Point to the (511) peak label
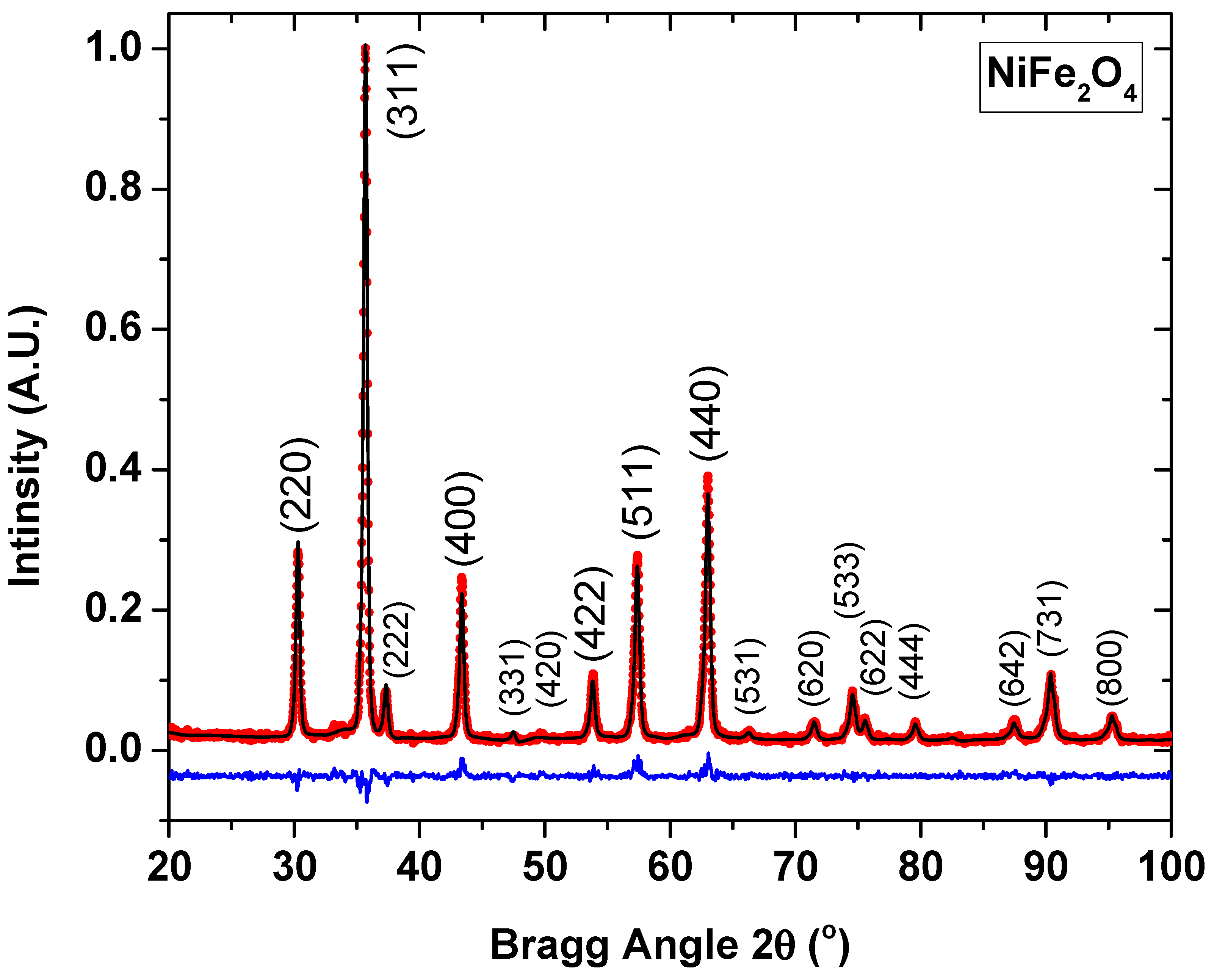640,492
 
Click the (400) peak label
464,518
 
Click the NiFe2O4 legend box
1061,77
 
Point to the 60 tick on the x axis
670,821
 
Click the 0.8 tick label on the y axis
113,189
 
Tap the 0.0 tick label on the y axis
113,749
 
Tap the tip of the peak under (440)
708,476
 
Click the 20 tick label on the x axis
169,867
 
